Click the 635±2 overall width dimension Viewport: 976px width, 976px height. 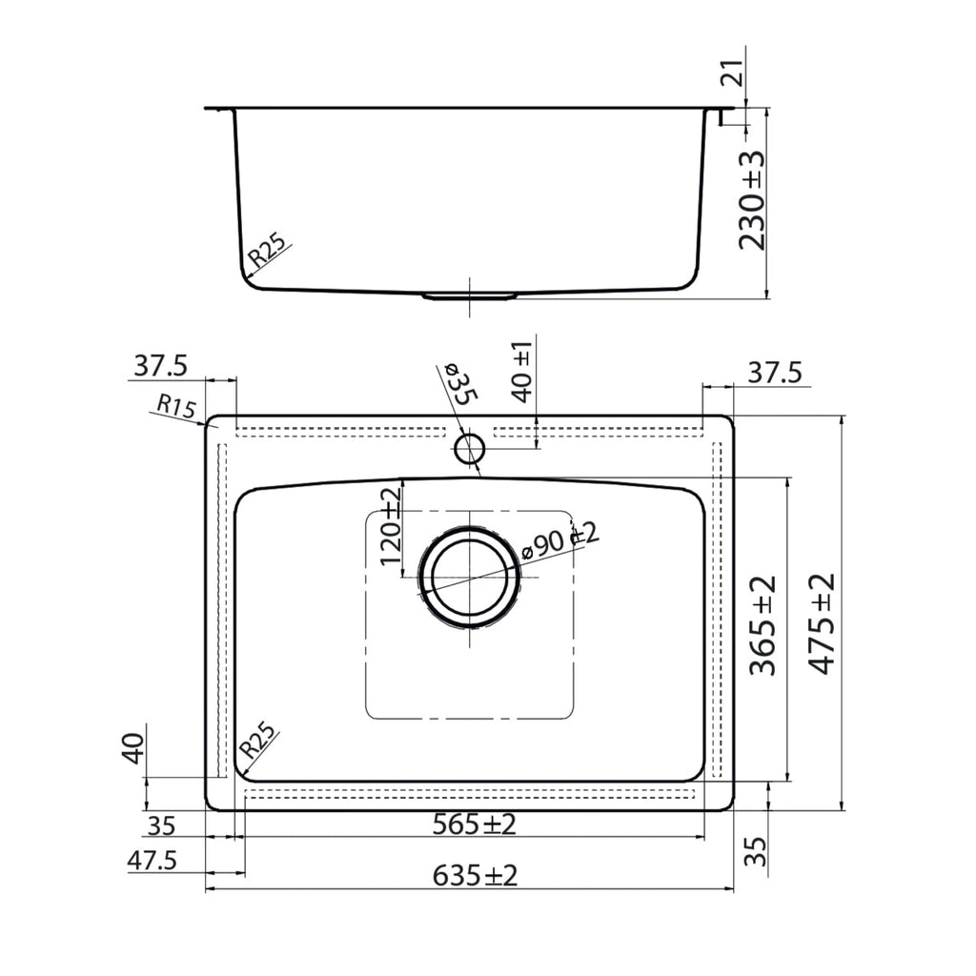[x=475, y=876]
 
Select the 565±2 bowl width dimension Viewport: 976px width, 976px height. [x=475, y=824]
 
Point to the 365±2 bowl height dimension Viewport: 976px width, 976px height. [x=763, y=625]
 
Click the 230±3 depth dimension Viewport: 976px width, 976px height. [x=751, y=200]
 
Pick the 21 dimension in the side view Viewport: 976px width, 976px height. [x=733, y=73]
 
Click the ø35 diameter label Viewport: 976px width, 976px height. [x=458, y=385]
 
